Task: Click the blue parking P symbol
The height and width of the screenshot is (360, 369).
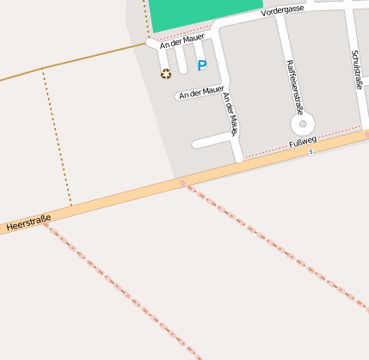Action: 202,65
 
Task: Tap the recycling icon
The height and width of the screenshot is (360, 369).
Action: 166,74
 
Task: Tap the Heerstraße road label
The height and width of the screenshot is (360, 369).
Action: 28,223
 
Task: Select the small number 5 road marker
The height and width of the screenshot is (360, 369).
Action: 311,151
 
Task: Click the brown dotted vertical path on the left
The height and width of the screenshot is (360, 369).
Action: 57,137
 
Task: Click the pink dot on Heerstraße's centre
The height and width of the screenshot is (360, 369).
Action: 182,182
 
